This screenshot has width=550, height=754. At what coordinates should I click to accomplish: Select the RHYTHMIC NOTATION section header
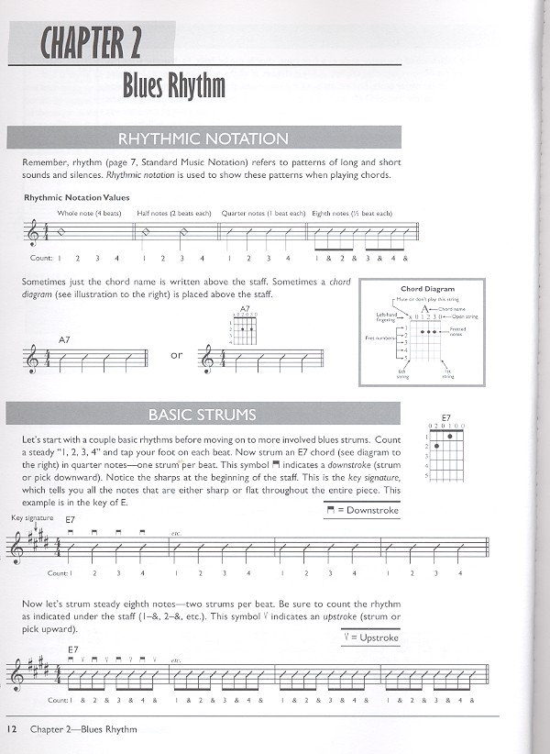click(x=203, y=139)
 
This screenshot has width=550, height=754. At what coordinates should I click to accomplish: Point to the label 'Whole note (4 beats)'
click(x=89, y=214)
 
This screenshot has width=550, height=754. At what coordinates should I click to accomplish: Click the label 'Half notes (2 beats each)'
click(x=176, y=214)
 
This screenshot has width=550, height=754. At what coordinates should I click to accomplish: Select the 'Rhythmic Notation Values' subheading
click(x=77, y=197)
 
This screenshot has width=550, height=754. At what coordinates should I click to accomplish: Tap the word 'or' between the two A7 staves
click(x=177, y=355)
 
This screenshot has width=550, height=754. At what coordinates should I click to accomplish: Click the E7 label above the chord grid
click(x=445, y=417)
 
